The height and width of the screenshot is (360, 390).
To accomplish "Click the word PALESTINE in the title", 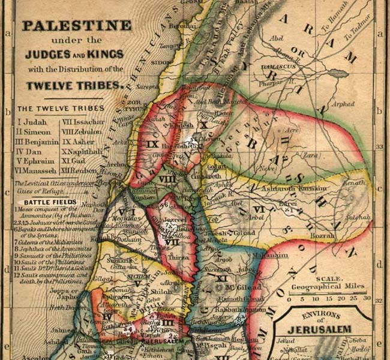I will click(76, 26).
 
